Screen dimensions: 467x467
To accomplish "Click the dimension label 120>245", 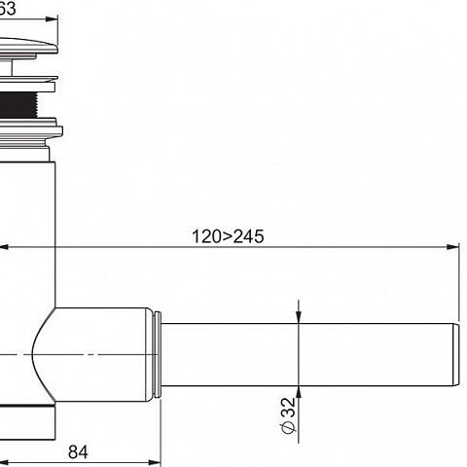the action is coord(228,236).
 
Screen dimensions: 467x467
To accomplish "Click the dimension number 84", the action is coord(78,451).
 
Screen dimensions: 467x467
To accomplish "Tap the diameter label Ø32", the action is coord(288,415).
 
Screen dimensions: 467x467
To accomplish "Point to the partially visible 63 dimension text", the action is coord(7,8).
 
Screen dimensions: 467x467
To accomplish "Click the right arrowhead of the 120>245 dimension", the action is coord(452,247).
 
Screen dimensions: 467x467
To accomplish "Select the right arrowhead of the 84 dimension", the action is coord(155,462).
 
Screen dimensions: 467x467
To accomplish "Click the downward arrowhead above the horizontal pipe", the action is coord(299,317).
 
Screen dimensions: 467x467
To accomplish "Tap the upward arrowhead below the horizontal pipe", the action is coord(299,392).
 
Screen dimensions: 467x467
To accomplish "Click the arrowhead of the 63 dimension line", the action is coord(52,19).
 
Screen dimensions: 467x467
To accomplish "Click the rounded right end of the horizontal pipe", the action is coord(456,354).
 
